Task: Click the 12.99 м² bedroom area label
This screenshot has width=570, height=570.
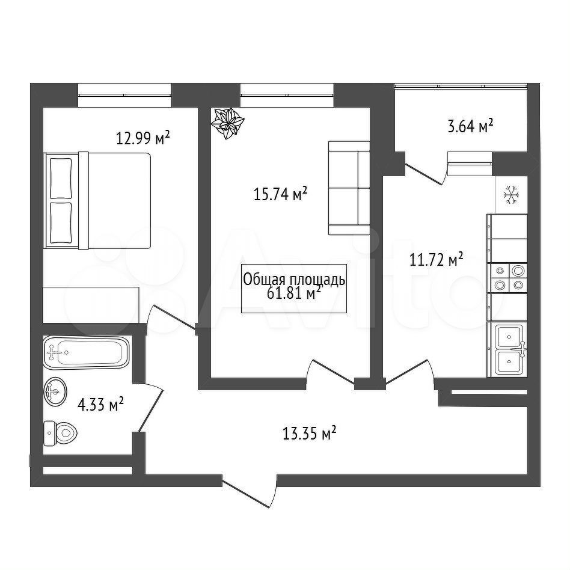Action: [143, 138]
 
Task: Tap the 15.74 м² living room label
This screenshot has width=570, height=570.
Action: [280, 194]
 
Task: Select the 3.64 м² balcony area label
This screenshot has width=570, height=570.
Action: [470, 126]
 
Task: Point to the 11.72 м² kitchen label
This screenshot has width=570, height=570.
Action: [437, 260]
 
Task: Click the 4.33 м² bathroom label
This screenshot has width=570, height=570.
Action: [100, 404]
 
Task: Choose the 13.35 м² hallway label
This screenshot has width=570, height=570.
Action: [310, 434]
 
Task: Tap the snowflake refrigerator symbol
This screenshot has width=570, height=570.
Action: [510, 194]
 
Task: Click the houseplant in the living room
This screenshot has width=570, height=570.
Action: [227, 124]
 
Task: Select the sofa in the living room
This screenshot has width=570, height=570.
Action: [349, 188]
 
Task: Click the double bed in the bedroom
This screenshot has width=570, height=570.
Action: [97, 201]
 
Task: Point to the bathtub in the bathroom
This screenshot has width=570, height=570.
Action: [86, 352]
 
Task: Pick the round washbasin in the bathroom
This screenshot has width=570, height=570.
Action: [55, 391]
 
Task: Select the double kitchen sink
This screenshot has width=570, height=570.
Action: [510, 349]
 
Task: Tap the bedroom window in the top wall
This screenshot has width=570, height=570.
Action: [124, 95]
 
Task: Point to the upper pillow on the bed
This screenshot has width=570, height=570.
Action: [61, 179]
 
